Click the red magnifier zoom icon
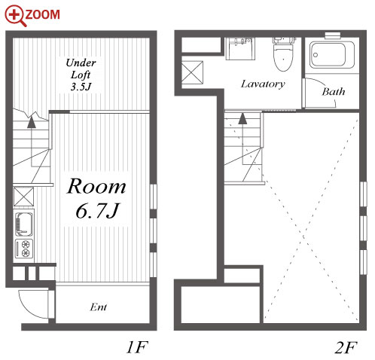(14, 16)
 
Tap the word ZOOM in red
(42, 14)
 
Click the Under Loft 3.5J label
(81, 75)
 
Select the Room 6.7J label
(96, 197)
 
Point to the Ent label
(99, 307)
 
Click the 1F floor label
(137, 347)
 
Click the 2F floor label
(346, 347)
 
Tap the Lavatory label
(263, 84)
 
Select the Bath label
(334, 92)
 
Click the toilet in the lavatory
(283, 54)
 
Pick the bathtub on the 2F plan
(332, 55)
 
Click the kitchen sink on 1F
(23, 224)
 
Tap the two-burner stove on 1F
(23, 249)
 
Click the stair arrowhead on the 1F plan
(32, 122)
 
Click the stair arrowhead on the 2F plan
(242, 119)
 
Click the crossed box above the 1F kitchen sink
(23, 197)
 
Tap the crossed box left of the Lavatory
(192, 72)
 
